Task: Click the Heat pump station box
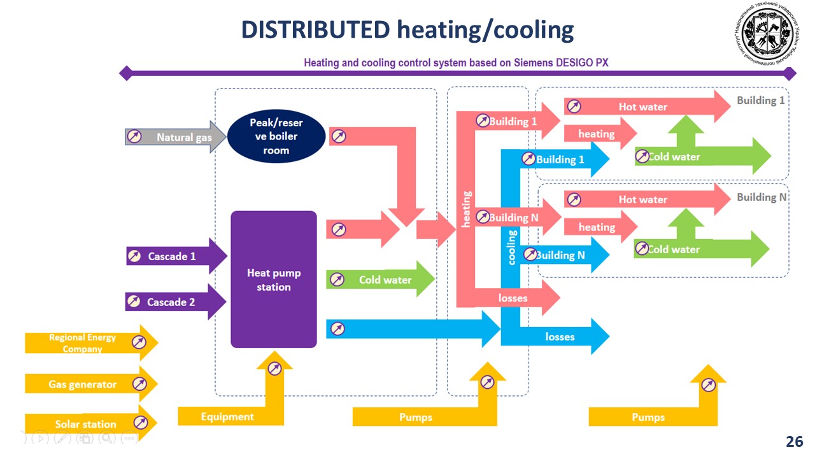[274, 280]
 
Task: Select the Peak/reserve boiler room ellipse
[276, 136]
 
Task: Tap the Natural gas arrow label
[184, 137]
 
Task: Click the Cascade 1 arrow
[172, 256]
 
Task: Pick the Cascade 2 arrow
[171, 302]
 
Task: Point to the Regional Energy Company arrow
[83, 342]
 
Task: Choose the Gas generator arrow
[83, 384]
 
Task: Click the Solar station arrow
[85, 424]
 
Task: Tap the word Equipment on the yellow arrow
[227, 417]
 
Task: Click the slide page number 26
[795, 442]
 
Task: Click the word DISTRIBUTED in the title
[316, 29]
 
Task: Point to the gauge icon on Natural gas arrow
[134, 136]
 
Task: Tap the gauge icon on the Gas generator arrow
[139, 384]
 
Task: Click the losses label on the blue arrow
[560, 337]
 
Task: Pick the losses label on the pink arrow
[513, 298]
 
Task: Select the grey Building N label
[761, 197]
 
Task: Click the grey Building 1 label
[761, 100]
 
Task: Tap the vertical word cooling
[512, 247]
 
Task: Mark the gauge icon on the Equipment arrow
[274, 368]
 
